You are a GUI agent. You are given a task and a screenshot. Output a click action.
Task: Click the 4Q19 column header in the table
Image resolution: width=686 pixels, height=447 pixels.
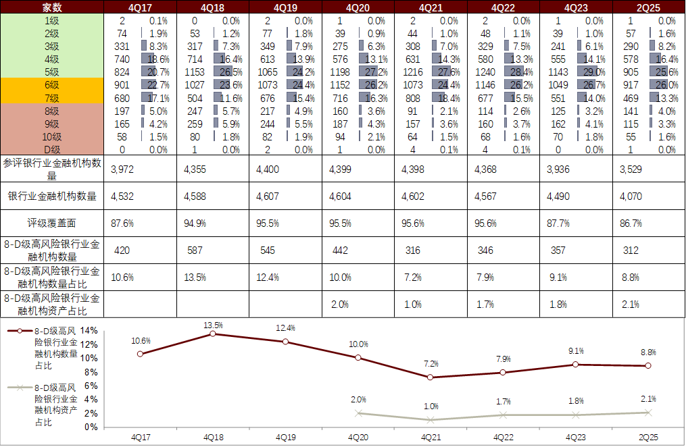tap(285, 7)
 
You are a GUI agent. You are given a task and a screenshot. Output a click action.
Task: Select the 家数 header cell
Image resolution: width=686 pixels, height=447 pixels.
tap(52, 7)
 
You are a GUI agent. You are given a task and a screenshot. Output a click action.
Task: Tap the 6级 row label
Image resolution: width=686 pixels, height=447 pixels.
tap(52, 85)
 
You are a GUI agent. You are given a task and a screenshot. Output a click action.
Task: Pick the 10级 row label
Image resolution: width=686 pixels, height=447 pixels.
tap(52, 136)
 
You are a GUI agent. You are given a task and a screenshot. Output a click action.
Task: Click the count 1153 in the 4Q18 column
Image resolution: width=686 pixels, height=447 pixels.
tap(194, 72)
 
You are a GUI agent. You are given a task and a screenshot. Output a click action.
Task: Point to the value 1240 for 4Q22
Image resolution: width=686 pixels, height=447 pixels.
tap(485, 72)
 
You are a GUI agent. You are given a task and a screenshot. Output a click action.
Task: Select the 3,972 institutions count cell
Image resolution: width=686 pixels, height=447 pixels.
tap(124, 169)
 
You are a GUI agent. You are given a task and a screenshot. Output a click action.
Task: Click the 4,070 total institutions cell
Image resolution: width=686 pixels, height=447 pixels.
tap(632, 196)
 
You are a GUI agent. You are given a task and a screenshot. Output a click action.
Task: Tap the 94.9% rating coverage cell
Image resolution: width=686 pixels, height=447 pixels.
tap(195, 223)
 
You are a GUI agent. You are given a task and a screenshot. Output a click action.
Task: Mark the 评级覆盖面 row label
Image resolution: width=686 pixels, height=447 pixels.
tap(52, 223)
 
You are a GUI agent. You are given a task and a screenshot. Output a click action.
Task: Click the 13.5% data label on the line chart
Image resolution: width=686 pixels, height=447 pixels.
tap(214, 325)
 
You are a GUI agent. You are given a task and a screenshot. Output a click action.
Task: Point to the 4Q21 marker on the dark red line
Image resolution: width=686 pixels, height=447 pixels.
tap(431, 377)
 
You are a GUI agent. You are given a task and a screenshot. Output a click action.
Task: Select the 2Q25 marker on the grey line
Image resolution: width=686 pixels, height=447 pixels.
tap(648, 413)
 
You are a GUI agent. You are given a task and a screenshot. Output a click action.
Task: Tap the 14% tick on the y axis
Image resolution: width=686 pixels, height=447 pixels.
tap(90, 331)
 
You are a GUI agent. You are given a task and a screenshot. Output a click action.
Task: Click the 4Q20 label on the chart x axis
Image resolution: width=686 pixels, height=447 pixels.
tap(358, 437)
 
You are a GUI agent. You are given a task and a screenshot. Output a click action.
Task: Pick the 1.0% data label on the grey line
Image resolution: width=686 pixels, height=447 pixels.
tap(431, 406)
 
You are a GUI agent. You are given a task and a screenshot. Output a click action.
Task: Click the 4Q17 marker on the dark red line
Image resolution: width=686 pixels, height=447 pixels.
tap(140, 354)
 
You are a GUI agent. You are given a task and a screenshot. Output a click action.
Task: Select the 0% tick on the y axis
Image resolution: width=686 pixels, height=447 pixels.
tap(93, 427)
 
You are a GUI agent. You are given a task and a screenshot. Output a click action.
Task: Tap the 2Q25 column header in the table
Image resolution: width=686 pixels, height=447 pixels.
tap(647, 7)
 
